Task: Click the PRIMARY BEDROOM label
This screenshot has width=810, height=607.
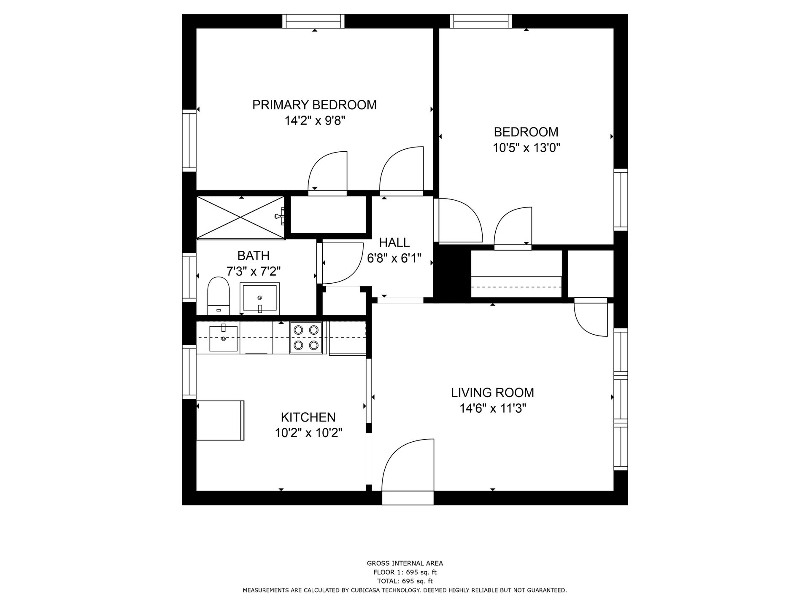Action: click(x=314, y=105)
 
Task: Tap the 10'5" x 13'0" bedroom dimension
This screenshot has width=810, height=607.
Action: click(x=526, y=148)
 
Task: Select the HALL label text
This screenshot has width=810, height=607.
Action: click(x=394, y=242)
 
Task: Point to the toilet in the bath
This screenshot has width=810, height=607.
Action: click(x=218, y=295)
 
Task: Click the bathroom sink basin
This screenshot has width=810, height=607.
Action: click(x=259, y=298)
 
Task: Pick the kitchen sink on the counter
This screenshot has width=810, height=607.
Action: click(x=224, y=338)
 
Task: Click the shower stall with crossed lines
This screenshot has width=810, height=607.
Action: click(x=240, y=218)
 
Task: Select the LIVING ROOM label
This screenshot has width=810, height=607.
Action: click(x=492, y=392)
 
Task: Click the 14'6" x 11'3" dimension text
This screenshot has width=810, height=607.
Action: click(x=492, y=408)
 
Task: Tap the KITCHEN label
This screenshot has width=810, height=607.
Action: click(x=308, y=417)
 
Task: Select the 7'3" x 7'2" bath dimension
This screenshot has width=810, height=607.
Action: click(x=254, y=271)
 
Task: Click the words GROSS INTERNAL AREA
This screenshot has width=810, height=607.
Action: click(x=405, y=563)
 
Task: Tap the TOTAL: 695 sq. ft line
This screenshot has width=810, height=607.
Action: click(x=405, y=581)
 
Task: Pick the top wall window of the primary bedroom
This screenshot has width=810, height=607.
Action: click(x=313, y=21)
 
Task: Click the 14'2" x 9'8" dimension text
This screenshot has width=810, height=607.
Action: click(x=315, y=121)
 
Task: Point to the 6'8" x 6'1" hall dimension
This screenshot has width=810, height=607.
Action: click(x=394, y=258)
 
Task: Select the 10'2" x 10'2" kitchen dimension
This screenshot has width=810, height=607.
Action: click(x=308, y=433)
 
